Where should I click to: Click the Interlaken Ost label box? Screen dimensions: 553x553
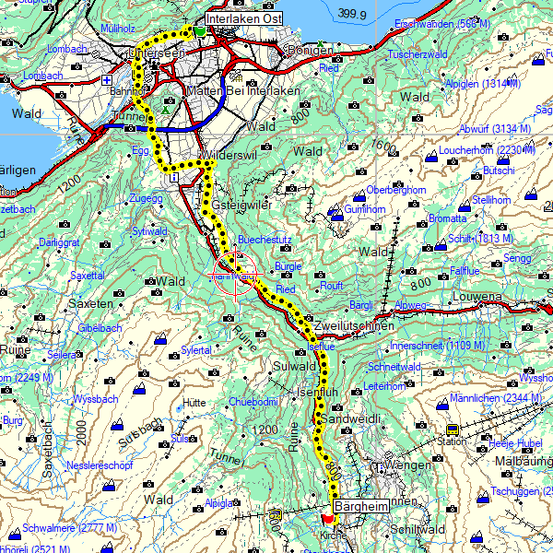tap(243, 18)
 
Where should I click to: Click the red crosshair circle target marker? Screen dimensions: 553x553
tap(235, 275)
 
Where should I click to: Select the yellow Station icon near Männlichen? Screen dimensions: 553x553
tap(453, 429)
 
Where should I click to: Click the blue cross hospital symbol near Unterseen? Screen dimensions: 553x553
tap(107, 80)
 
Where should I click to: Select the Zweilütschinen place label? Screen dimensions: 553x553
tap(353, 327)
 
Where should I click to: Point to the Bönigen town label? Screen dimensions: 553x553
tap(310, 50)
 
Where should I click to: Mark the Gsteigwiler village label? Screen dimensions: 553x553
tap(242, 205)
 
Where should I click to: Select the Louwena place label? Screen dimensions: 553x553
tap(477, 298)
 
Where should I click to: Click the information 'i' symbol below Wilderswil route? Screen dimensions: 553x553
tap(175, 178)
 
